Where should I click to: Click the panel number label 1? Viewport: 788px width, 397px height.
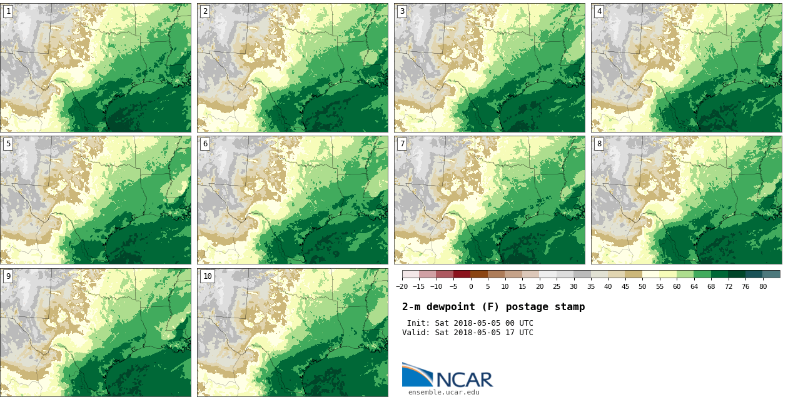(x=8, y=11)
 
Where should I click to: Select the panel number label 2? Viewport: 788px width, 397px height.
(x=205, y=11)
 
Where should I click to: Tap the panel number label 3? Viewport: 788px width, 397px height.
(x=402, y=11)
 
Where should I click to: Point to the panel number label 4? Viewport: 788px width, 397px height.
(x=599, y=11)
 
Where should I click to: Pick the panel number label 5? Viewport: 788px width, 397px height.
(x=8, y=144)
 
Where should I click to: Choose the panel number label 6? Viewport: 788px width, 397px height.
(x=205, y=144)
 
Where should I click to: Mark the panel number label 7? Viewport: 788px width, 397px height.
(x=402, y=144)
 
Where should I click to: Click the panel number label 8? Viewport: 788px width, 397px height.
(x=599, y=144)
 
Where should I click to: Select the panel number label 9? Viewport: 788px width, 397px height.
(x=8, y=276)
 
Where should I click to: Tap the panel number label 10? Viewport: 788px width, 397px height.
(x=208, y=276)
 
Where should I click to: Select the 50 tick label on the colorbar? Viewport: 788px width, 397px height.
(x=642, y=287)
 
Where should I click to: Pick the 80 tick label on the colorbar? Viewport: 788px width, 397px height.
(x=763, y=287)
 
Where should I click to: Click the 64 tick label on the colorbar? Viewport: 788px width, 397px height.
(x=694, y=287)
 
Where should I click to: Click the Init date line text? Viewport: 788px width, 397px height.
(x=470, y=323)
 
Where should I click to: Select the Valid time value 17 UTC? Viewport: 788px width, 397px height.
(x=522, y=333)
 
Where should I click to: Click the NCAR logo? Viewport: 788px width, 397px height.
(x=447, y=376)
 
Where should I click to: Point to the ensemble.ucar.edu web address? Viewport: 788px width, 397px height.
(x=444, y=393)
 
